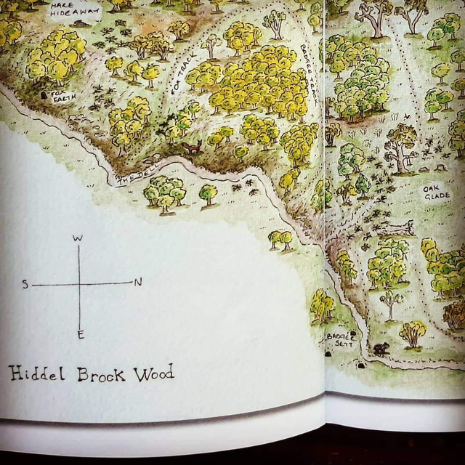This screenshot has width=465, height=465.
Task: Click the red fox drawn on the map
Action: pos(191,147)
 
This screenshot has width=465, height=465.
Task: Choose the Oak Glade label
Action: pos(437,192)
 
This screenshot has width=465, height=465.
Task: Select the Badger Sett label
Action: pos(341,339)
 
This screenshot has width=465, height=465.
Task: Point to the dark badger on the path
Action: pos(380,349)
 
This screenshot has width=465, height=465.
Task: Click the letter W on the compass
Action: pos(78,238)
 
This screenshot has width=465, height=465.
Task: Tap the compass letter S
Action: pos(25,284)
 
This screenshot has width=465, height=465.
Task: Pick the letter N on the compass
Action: pos(138,282)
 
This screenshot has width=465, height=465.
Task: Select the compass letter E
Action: pos(80,334)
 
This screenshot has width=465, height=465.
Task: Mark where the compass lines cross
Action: pos(79,283)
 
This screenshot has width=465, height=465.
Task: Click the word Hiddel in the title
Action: pos(37,373)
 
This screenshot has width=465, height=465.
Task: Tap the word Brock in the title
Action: pos(101,374)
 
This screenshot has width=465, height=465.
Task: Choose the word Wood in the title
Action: pos(152,374)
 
